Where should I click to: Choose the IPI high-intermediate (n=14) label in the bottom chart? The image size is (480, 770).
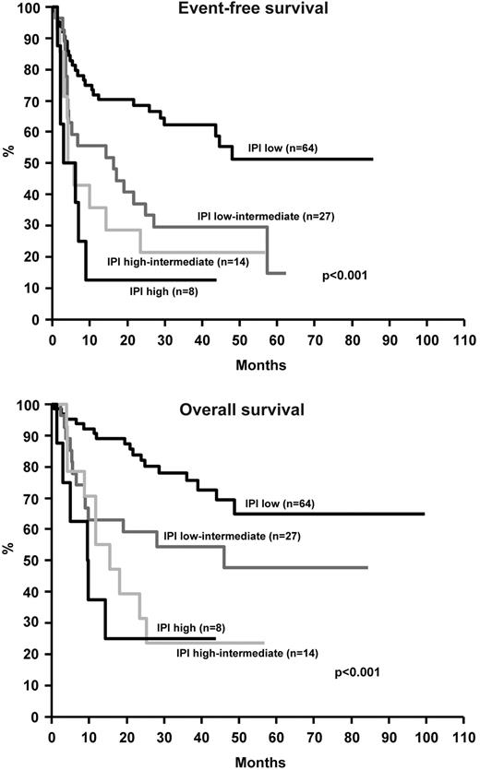[x=242, y=653]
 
